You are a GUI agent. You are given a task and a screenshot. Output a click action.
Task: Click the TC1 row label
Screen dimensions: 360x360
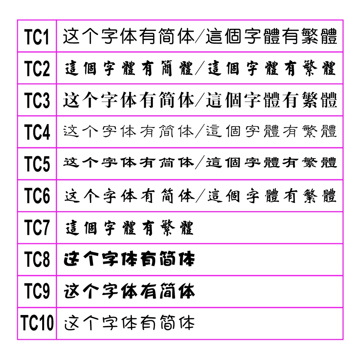point(37,37)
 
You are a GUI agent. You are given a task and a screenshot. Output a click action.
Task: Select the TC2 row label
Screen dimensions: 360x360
point(37,69)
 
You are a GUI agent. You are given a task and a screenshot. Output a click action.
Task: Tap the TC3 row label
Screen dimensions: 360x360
point(37,100)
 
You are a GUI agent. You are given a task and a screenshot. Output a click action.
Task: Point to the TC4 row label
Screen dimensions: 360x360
point(37,132)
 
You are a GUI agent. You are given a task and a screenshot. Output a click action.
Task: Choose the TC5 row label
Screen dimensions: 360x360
point(37,164)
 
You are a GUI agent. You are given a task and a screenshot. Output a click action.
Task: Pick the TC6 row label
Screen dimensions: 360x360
point(37,195)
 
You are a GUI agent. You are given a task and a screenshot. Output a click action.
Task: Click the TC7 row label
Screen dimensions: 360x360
point(37,227)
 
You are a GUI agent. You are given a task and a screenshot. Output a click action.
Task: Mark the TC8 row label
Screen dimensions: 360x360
point(37,259)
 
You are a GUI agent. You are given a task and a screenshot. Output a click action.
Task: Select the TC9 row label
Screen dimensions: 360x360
point(37,291)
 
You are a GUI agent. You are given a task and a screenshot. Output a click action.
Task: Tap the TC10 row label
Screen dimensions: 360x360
point(37,323)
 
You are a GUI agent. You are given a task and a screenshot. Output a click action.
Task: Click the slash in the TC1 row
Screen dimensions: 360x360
point(199,36)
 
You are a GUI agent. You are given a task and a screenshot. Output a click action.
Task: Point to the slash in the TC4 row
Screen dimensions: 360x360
point(200,131)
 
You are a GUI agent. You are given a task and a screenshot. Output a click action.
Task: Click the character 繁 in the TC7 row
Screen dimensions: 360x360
point(168,228)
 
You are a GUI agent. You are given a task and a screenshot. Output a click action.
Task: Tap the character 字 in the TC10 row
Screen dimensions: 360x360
point(110,323)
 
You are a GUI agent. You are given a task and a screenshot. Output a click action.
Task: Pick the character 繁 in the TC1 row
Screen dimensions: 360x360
point(310,36)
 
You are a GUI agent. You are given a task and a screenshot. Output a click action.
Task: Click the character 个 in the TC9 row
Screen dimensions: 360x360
point(91,291)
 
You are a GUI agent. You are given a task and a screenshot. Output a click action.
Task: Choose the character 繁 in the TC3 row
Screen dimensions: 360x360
point(310,100)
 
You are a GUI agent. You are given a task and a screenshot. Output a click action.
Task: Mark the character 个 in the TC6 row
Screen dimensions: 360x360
point(92,196)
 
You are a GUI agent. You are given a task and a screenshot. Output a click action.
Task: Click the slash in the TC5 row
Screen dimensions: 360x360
point(200,162)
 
